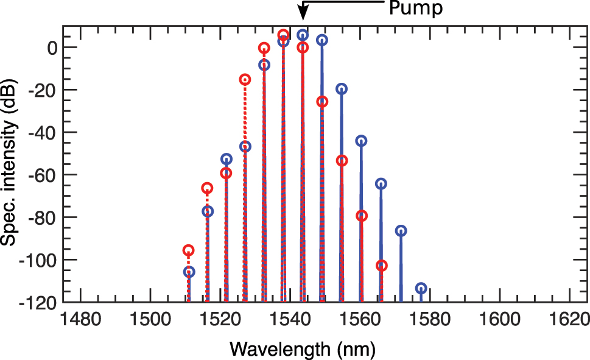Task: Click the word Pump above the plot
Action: [x=416, y=9]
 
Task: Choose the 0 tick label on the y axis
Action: [x=53, y=48]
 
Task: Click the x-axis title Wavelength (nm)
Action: [x=302, y=348]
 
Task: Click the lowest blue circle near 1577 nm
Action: [x=420, y=288]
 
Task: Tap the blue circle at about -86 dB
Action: [x=401, y=230]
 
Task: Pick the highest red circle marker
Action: [x=283, y=35]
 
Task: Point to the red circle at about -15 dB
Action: [x=245, y=79]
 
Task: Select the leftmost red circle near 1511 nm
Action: [x=189, y=250]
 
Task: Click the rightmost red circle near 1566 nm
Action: [x=381, y=266]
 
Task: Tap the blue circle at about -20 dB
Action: [x=342, y=89]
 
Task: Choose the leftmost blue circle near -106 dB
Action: [x=189, y=272]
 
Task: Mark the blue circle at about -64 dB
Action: [x=381, y=183]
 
